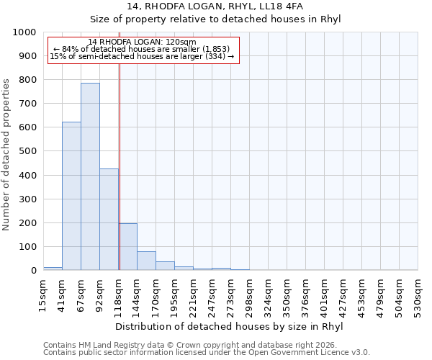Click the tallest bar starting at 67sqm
[90, 176]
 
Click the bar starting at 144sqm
[146, 261]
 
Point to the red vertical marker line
[120, 166]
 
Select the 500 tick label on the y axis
[27, 151]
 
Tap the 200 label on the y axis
[27, 223]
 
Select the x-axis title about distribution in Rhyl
[229, 326]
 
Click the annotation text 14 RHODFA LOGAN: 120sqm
[142, 42]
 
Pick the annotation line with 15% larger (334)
[142, 57]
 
